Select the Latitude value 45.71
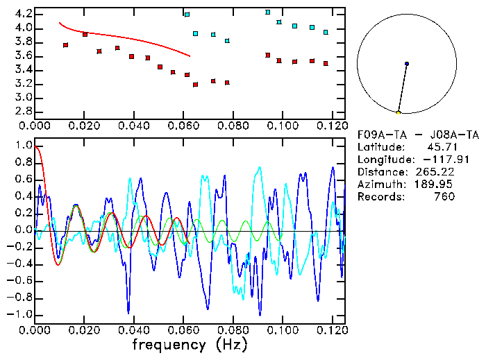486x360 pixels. (442, 147)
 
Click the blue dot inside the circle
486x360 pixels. (407, 64)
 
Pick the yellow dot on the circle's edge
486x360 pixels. (399, 112)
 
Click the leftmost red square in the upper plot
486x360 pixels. (66, 45)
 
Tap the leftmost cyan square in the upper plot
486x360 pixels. (187, 15)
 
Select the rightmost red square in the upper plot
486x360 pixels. (326, 63)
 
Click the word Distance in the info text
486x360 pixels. (380, 172)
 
